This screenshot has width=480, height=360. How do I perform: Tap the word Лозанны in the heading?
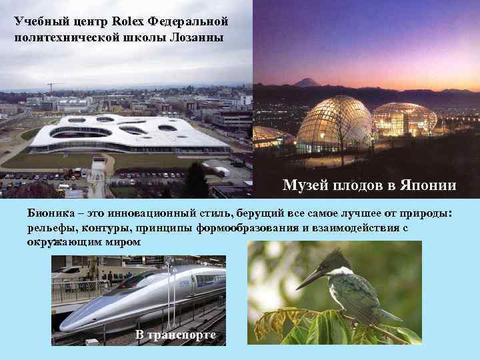click(x=202, y=37)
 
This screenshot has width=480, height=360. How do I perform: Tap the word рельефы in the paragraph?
click(x=51, y=227)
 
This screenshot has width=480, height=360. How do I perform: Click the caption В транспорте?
click(x=175, y=334)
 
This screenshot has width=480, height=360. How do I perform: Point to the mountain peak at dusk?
click(x=307, y=81)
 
